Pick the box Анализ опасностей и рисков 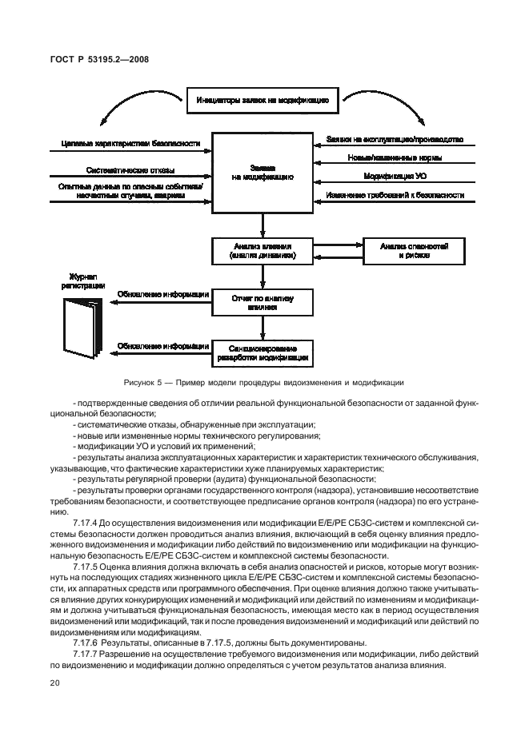(414, 252)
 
